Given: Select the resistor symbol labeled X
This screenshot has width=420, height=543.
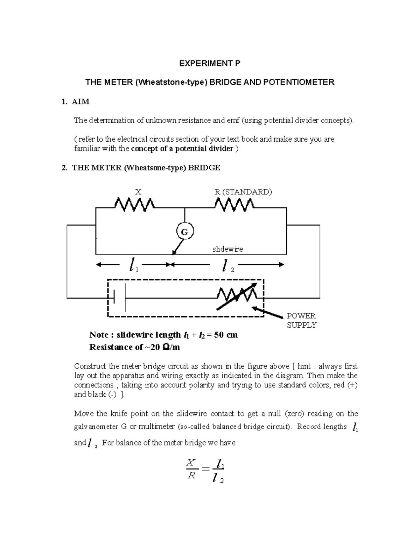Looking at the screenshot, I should (134, 204).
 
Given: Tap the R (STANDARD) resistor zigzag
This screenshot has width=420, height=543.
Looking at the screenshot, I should (234, 205).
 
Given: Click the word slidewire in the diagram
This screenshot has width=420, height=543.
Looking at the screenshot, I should (227, 249).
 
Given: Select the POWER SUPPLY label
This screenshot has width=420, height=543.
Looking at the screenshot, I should (301, 320).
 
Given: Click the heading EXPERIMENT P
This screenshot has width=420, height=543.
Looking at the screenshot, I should (210, 63).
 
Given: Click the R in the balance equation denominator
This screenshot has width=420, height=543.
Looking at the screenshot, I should (191, 476).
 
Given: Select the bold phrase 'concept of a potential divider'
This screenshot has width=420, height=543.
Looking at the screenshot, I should (182, 149).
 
